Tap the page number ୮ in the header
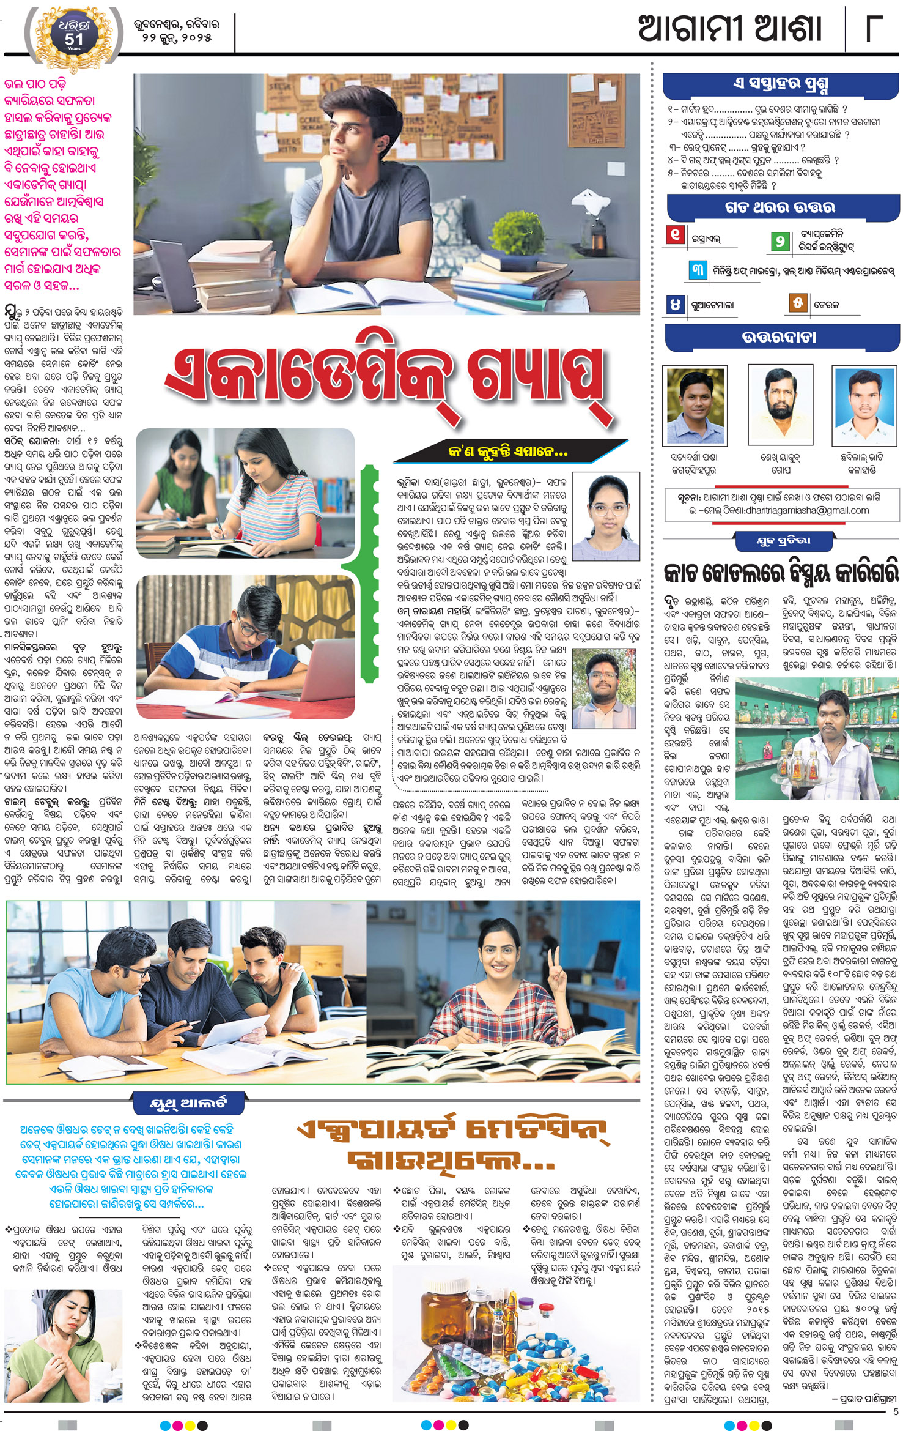(874, 29)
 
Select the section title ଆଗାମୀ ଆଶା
(730, 29)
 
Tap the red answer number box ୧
(675, 235)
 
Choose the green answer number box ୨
(780, 241)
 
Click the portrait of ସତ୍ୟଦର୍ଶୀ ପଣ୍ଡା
(695, 404)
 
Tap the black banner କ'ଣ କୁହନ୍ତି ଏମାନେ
(507, 452)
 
